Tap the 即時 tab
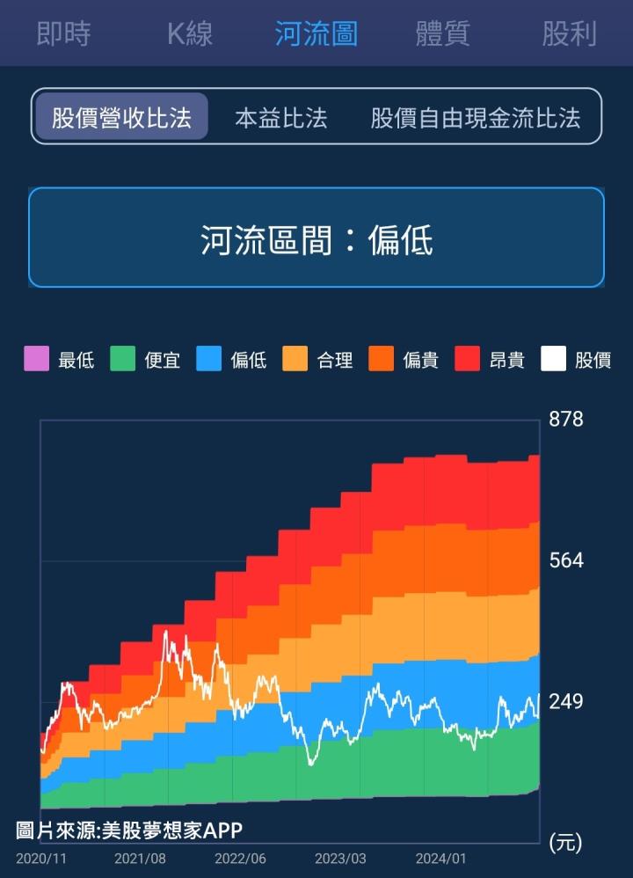[x=63, y=34]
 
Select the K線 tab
[x=190, y=34]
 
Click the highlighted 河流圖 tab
[x=316, y=34]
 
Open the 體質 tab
[x=442, y=34]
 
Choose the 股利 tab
[x=569, y=34]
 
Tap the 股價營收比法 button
[x=121, y=118]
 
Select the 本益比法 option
[x=280, y=118]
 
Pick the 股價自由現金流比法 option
[x=476, y=118]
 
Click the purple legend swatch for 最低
[x=36, y=359]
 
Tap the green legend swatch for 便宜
[x=122, y=359]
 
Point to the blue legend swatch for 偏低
[x=208, y=359]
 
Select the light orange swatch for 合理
[x=295, y=359]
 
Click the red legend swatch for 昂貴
[x=467, y=359]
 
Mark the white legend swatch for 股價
[x=553, y=359]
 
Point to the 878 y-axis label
[x=565, y=420]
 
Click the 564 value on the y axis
[x=565, y=560]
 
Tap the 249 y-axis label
[x=565, y=702]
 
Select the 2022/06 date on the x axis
[x=240, y=859]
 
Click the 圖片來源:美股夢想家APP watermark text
[x=128, y=830]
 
